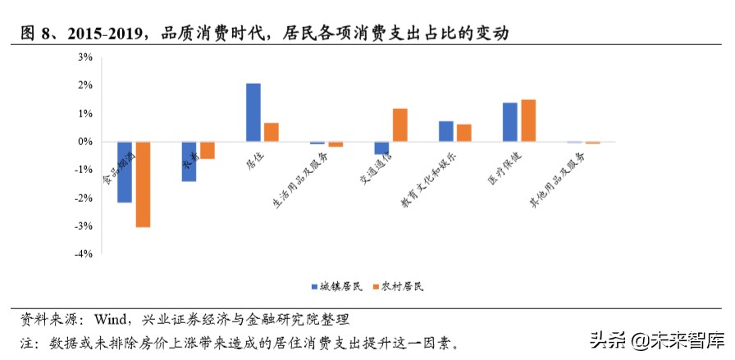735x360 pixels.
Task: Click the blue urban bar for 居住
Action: click(253, 112)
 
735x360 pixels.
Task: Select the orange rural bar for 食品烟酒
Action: click(143, 184)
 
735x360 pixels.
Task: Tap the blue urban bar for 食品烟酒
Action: click(125, 171)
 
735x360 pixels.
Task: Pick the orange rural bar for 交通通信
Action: click(399, 125)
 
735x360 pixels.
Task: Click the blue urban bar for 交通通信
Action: click(381, 148)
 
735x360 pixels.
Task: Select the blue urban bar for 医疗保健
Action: click(509, 122)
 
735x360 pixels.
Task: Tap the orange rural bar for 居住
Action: click(272, 132)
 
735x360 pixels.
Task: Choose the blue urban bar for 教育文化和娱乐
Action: click(445, 131)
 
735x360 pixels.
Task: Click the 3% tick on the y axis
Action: click(84, 57)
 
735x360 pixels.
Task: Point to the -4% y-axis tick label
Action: click(84, 254)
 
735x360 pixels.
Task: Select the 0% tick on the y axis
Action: click(84, 142)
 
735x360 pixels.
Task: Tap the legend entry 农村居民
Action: click(399, 286)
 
